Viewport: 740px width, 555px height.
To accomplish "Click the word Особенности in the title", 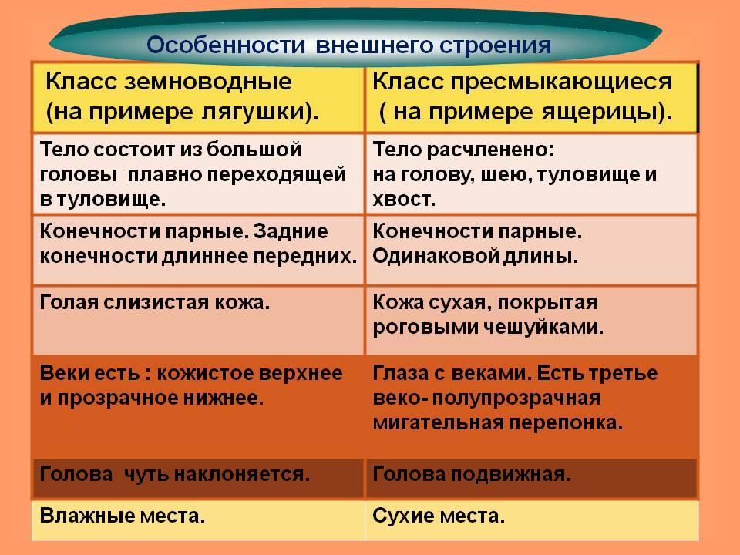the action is coord(227,45).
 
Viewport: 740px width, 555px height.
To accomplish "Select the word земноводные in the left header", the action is coord(208,82).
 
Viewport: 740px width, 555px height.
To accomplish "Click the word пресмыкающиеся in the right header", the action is coord(560,82).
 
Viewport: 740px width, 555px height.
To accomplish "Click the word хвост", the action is coord(404,199).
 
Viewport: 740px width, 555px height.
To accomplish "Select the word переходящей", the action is coord(277,175).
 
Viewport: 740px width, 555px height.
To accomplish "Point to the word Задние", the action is coord(291,232).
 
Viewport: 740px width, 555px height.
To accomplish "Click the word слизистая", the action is coord(156,302).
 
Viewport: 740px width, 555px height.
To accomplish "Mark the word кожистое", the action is coord(205,373).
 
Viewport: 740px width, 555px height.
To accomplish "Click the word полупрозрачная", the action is coord(516,399).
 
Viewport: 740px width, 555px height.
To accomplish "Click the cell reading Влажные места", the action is coord(198,520).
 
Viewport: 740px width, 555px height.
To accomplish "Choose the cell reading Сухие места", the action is coord(532,520).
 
